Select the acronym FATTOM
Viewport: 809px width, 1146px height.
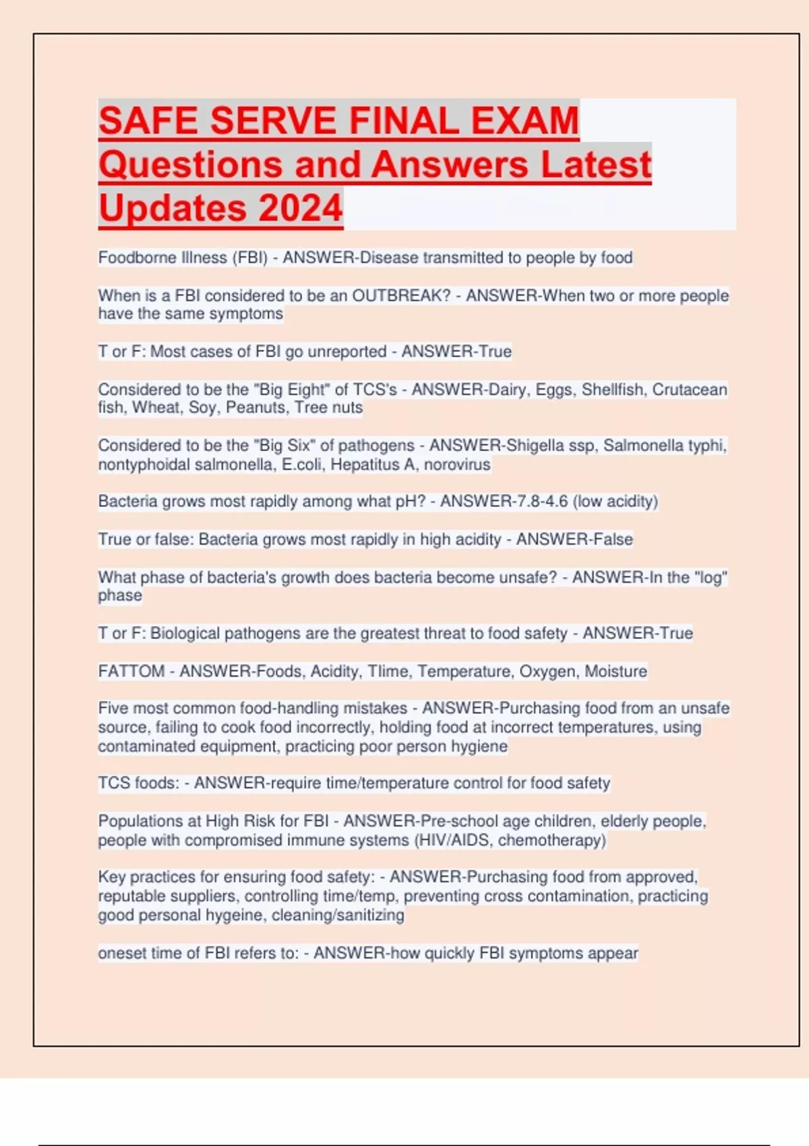131,671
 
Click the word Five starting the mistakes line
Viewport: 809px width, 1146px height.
113,708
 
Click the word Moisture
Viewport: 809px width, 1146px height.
616,671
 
